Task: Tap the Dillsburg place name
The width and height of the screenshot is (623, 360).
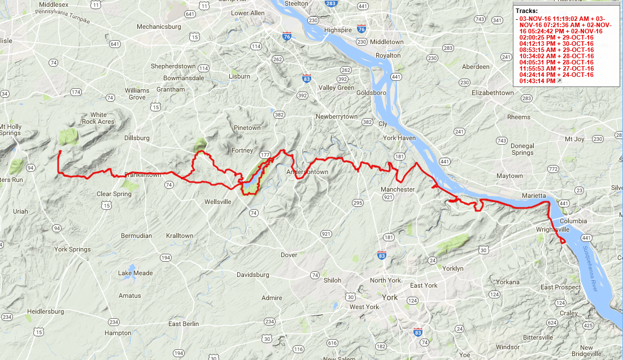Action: point(137,138)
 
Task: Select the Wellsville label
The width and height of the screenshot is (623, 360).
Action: point(218,201)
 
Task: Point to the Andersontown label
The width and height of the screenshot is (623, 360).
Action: point(307,172)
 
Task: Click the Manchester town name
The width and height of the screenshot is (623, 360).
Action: point(398,189)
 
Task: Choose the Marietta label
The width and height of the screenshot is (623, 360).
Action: point(534,196)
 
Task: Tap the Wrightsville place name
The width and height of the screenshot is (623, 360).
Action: point(552,230)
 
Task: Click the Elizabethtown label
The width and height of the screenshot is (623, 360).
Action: point(493,92)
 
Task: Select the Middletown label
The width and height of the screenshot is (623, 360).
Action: point(387,42)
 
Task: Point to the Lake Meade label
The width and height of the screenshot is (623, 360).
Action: point(136,273)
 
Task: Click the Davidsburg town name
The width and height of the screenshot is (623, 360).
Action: point(252,275)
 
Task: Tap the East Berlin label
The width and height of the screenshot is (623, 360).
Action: point(184,324)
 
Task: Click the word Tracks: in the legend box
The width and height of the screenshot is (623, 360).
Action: point(527,11)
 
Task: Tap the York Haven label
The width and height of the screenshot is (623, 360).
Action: point(399,138)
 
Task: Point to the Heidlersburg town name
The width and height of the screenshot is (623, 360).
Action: point(47,311)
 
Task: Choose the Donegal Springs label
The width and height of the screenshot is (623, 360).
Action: point(522,149)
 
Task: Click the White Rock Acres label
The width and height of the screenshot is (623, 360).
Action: point(98,118)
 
